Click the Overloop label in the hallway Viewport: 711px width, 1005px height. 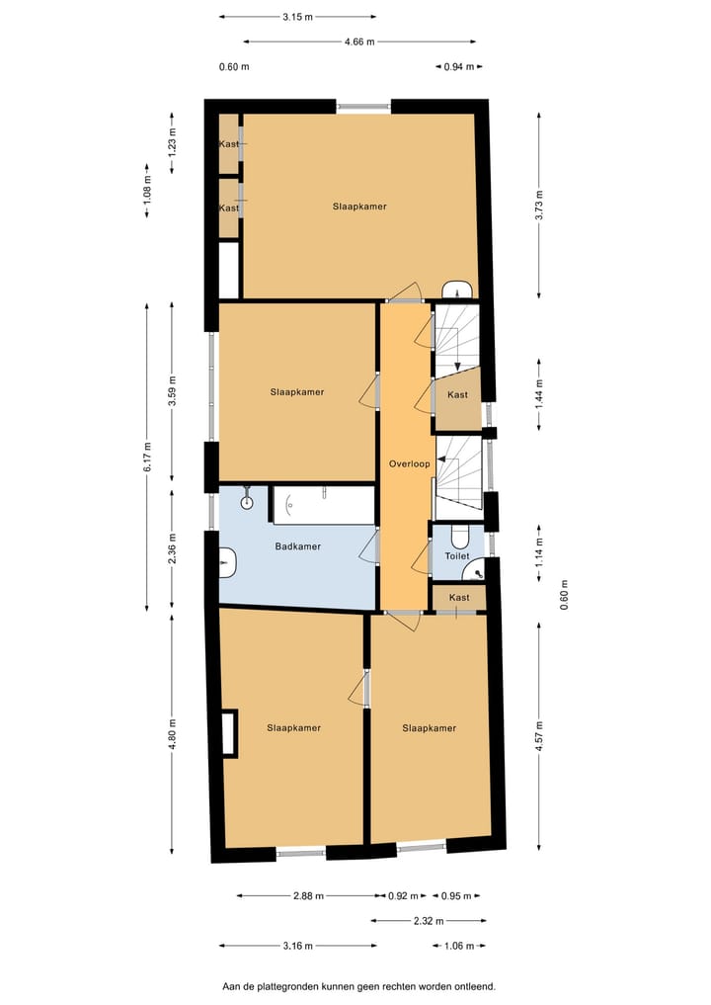(x=405, y=463)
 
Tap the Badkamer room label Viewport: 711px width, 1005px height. (x=297, y=545)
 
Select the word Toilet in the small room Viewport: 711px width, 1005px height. (x=456, y=556)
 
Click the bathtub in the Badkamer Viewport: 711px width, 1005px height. (x=323, y=504)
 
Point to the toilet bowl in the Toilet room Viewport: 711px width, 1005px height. (x=458, y=537)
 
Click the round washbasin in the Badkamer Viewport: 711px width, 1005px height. (x=247, y=502)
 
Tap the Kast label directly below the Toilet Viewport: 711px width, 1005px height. (x=459, y=598)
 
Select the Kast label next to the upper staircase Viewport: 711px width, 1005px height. (x=457, y=395)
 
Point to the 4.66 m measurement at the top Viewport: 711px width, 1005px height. (x=359, y=42)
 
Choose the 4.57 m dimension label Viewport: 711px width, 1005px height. (x=539, y=735)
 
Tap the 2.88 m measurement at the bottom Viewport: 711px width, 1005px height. (x=309, y=896)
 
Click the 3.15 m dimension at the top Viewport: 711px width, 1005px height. (x=298, y=17)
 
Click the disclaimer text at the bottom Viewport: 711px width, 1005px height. (x=358, y=986)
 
